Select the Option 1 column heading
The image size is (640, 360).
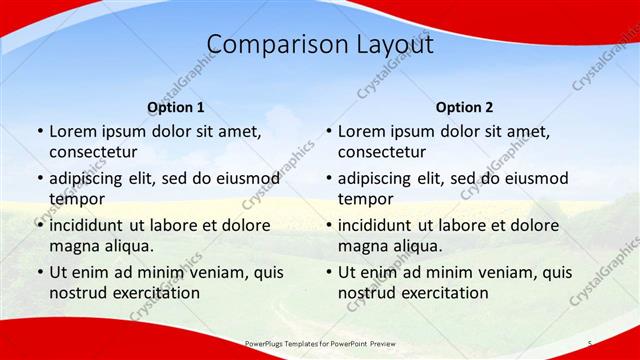point(176,106)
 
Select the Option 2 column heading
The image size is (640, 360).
point(465,106)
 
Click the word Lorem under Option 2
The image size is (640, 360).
point(361,130)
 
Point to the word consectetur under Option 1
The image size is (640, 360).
point(93,152)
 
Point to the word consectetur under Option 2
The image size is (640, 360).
point(382,152)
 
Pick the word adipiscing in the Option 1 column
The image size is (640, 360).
point(90,178)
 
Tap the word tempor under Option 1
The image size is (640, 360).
point(76,199)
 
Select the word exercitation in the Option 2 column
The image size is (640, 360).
point(442,293)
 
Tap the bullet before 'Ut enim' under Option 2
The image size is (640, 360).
point(328,272)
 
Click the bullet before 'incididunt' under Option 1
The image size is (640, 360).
point(39,225)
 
